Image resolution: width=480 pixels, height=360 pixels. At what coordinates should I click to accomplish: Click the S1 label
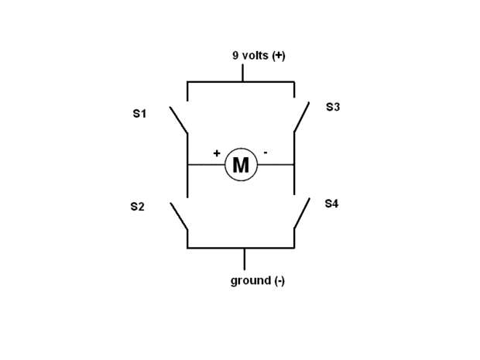pos(139,114)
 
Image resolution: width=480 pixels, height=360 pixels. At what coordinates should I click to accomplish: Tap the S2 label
pos(138,207)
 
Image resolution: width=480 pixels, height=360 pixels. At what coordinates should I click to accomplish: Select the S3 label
pos(333,108)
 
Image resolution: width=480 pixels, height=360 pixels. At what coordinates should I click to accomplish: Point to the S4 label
pos(331,204)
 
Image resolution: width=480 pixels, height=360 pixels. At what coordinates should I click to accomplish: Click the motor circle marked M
pos(241,165)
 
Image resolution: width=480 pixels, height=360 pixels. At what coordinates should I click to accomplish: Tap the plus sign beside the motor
pos(217,153)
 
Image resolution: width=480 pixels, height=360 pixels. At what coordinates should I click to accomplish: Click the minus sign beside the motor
pos(266,153)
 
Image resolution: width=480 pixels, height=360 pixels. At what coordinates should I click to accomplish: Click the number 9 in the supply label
pos(235,56)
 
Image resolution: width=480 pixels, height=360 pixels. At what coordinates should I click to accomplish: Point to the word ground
pos(250,280)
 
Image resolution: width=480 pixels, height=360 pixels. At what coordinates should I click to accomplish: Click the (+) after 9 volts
pos(279,56)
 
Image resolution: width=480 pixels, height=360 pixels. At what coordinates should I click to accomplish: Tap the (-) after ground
pos(279,280)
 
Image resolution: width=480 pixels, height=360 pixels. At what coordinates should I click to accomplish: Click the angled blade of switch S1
pos(179,120)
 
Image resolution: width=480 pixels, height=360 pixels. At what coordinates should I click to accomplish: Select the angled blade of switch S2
pos(179,216)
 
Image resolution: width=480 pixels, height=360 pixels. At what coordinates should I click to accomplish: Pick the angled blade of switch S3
pos(302,116)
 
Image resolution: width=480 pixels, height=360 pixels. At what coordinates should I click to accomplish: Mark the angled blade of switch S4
pos(302,214)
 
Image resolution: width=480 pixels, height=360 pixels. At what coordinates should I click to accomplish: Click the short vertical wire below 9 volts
pos(242,73)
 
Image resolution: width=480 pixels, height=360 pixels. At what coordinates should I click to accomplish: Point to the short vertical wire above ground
pos(245,259)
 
